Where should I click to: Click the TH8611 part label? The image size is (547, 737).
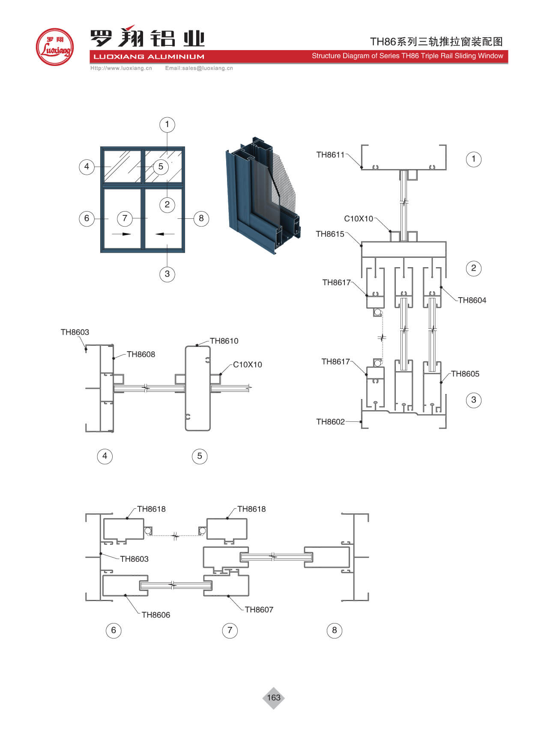[330, 155]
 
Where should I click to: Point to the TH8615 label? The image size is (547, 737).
[330, 234]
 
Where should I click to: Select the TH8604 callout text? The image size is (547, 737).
[472, 301]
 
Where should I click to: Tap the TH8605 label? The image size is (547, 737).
[465, 374]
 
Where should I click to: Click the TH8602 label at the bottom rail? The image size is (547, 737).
[330, 422]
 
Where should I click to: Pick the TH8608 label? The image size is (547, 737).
[141, 355]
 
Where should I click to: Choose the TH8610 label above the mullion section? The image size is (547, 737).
[224, 341]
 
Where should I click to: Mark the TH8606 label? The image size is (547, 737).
[156, 615]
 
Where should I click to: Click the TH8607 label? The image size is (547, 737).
[259, 610]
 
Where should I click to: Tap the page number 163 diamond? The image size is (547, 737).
[273, 698]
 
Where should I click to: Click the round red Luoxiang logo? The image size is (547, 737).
[55, 47]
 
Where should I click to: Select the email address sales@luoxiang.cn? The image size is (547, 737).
[199, 68]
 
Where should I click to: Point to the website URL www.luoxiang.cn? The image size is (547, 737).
[121, 68]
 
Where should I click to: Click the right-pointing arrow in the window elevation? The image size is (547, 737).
[121, 234]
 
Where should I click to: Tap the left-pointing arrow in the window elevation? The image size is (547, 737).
[165, 234]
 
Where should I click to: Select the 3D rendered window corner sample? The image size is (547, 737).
[262, 195]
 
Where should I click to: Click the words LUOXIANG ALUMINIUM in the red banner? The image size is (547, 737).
[149, 57]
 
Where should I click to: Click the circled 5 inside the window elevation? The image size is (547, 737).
[161, 167]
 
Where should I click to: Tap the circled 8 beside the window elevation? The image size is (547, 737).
[201, 218]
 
